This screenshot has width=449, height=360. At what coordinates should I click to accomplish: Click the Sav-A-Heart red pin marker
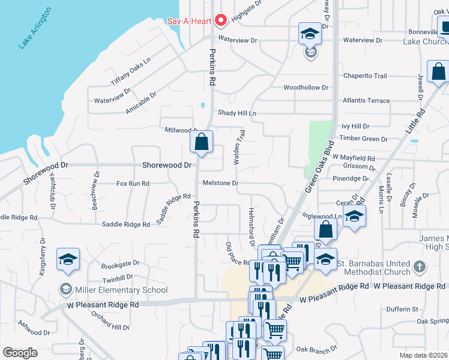tap(220, 21)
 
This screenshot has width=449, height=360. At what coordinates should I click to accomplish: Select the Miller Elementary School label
tap(121, 290)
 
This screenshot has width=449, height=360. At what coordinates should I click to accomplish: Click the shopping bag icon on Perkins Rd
tap(202, 143)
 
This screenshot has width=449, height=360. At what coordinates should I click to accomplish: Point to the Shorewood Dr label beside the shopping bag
tap(166, 164)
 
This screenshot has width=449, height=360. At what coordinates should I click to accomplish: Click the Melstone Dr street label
tap(220, 183)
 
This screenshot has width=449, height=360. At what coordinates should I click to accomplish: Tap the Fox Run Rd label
tap(133, 184)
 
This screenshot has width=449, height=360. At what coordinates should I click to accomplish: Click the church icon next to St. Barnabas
tap(419, 265)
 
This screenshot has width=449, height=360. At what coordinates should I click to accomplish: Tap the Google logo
tap(20, 352)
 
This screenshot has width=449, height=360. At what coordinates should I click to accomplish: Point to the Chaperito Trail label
tap(364, 76)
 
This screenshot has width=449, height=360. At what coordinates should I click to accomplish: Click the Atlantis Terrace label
tap(366, 101)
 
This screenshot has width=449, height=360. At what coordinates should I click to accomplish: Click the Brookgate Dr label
tap(120, 263)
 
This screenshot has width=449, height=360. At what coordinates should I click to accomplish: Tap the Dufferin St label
tap(402, 310)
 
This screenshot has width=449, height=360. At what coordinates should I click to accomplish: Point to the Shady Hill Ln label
tap(237, 113)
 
